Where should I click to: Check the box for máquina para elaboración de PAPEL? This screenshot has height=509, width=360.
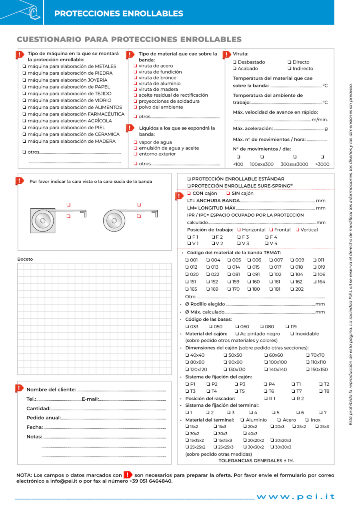(x=25, y=87)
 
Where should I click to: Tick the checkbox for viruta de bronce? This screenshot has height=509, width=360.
(x=136, y=78)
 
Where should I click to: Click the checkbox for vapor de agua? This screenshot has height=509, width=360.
(x=136, y=142)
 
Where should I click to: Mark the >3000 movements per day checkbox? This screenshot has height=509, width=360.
(x=322, y=157)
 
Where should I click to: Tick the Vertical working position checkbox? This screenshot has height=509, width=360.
(x=298, y=230)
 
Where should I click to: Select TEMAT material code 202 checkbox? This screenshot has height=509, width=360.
(x=292, y=289)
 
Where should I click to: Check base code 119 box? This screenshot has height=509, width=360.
(x=287, y=327)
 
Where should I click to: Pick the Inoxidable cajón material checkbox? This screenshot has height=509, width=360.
(x=292, y=334)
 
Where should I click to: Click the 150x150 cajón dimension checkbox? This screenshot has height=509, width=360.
(x=308, y=369)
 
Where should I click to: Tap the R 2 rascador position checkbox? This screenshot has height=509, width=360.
(x=294, y=399)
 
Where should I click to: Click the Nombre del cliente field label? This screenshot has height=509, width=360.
(x=51, y=389)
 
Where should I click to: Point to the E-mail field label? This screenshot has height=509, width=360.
(x=90, y=399)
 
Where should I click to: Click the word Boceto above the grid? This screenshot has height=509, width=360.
(x=25, y=259)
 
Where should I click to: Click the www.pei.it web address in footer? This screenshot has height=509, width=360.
(x=296, y=497)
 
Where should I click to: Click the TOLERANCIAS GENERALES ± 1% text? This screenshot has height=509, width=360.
(x=256, y=461)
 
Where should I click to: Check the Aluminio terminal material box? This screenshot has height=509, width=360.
(x=242, y=420)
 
